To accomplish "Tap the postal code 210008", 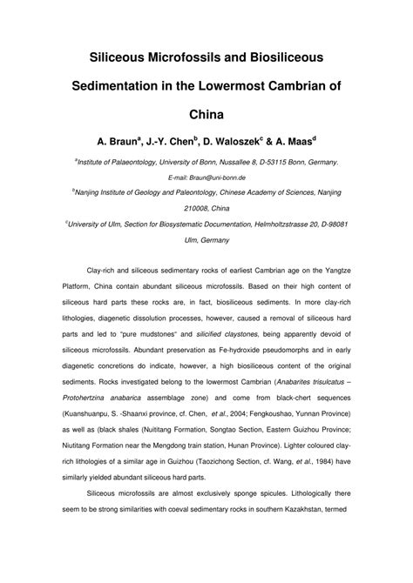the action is click(193, 209).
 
